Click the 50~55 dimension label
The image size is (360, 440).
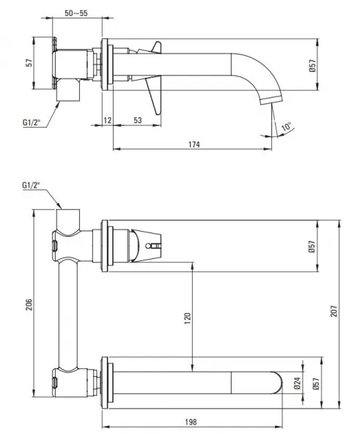pos(76,13)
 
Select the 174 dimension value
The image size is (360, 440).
pos(194,144)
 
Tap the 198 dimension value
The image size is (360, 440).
pos(191,422)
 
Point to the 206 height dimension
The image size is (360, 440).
pos(29,305)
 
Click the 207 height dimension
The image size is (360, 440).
pos(334,311)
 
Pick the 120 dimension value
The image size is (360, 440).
pos(188,318)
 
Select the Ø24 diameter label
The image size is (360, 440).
pos(298,384)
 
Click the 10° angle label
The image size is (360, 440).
pos(286,127)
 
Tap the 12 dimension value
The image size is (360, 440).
pos(108,120)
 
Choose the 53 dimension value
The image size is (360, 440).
pos(138,120)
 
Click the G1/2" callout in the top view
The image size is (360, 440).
pos(32,122)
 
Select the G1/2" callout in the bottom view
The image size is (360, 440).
pos(31,186)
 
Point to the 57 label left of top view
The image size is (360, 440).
pos(29,62)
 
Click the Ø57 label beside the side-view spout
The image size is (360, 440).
pos(312,65)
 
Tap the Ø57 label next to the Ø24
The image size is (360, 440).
pos(316,384)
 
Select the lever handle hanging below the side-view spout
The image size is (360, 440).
pos(155,95)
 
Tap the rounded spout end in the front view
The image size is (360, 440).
pos(278,383)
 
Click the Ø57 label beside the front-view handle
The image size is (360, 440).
pos(312,246)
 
